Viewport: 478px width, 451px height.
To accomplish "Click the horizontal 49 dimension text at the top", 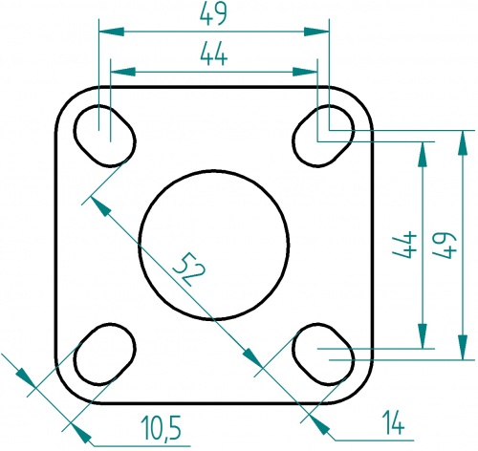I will pos(213,16).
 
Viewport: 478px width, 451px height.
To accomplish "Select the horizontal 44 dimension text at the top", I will pos(213,56).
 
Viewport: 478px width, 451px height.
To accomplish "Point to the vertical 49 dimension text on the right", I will pos(443,248).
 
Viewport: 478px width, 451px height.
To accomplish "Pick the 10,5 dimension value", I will pos(161,423).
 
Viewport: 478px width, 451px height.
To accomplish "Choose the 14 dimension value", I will pos(391,419).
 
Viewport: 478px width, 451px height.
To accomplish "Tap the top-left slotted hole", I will pos(104,134).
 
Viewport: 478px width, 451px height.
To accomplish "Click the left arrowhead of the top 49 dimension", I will pos(108,32).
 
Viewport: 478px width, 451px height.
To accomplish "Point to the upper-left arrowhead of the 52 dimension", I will pos(97,204).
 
